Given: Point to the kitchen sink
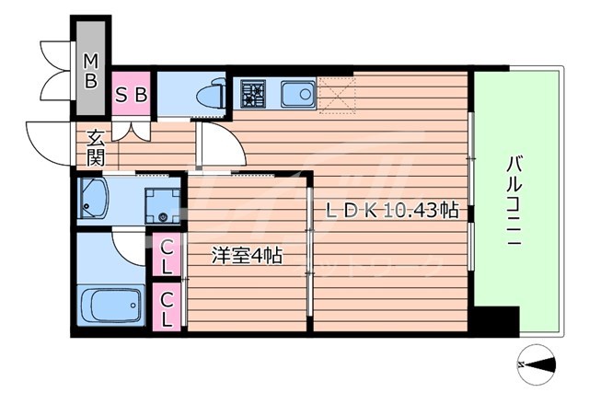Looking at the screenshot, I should tap(296, 93).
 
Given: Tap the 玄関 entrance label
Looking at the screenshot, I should tap(95, 147).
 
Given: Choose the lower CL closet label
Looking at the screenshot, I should tap(167, 308).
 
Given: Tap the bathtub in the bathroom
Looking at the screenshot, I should tap(110, 306).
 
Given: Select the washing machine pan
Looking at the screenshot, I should tap(161, 204).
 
